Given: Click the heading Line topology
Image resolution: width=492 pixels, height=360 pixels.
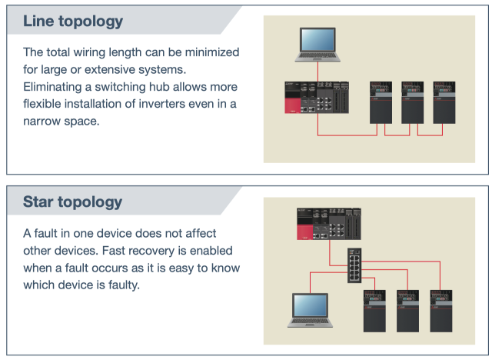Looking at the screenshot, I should [73, 20].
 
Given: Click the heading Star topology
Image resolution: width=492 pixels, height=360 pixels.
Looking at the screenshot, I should [72, 202].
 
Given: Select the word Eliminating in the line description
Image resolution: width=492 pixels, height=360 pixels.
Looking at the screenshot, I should [55, 87].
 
